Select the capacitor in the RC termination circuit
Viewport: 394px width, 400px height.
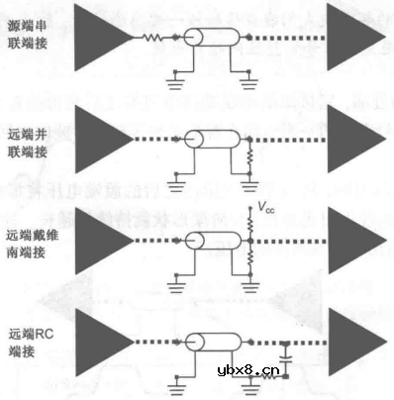click(x=285, y=354)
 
